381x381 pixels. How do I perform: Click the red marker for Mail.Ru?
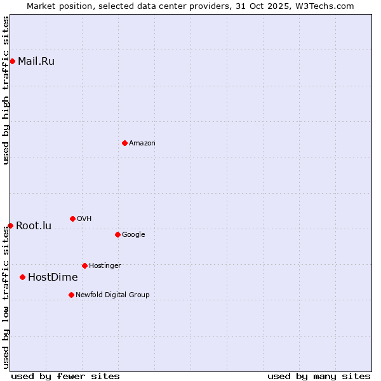[x=12, y=61]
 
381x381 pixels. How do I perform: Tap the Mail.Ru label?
[x=36, y=62]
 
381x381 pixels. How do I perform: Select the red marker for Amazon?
[x=124, y=143]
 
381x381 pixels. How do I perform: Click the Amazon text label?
[x=142, y=144]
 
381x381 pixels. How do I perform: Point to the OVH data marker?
[x=72, y=218]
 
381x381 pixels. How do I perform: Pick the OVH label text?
[x=84, y=219]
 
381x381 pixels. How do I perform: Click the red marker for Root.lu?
[x=10, y=225]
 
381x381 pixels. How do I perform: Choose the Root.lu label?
[x=34, y=226]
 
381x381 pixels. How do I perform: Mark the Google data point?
[x=117, y=234]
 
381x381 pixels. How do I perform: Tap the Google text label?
[x=133, y=235]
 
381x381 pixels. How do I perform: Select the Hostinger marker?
[x=84, y=265]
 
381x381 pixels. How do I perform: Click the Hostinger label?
[x=105, y=266]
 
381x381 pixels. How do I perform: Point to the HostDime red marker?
[x=22, y=277]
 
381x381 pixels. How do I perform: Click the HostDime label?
[x=53, y=277]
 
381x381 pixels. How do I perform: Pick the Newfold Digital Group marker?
[x=71, y=295]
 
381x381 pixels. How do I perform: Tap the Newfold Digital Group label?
[x=112, y=295]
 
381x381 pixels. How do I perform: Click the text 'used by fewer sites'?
[x=65, y=376]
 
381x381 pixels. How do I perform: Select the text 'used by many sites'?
[x=319, y=376]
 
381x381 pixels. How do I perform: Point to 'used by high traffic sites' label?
[x=6, y=90]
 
